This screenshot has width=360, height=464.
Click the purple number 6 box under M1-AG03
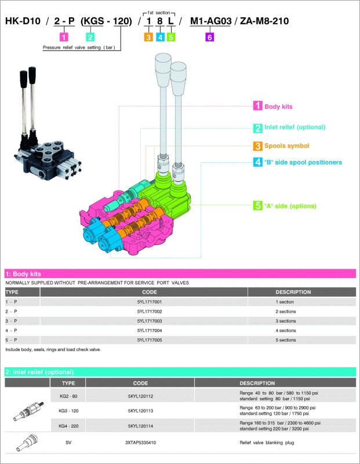[210, 37]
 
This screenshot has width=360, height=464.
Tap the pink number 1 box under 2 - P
[64, 37]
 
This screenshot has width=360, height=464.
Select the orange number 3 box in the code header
[148, 37]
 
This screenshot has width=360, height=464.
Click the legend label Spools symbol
[286, 145]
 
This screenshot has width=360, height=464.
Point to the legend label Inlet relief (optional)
[295, 127]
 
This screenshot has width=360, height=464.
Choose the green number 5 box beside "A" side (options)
[258, 206]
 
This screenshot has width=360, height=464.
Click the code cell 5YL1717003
[150, 321]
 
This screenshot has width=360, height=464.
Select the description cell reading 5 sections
[286, 340]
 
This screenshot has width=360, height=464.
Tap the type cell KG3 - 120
[68, 411]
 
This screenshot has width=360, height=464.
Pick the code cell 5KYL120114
[141, 426]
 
